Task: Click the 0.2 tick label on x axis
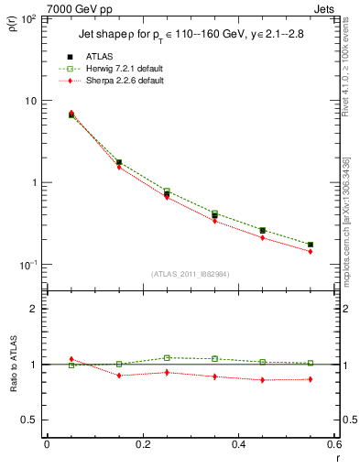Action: coord(142,444)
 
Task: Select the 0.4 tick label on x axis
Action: coord(238,444)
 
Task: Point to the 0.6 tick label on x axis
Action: coord(333,444)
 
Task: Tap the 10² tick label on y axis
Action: coord(27,18)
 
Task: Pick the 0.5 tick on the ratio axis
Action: coord(28,420)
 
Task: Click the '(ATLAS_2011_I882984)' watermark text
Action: coord(190,274)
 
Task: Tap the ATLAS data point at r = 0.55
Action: coord(311,245)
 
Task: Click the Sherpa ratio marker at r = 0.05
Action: coord(71,359)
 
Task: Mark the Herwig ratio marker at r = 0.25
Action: coord(167,357)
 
